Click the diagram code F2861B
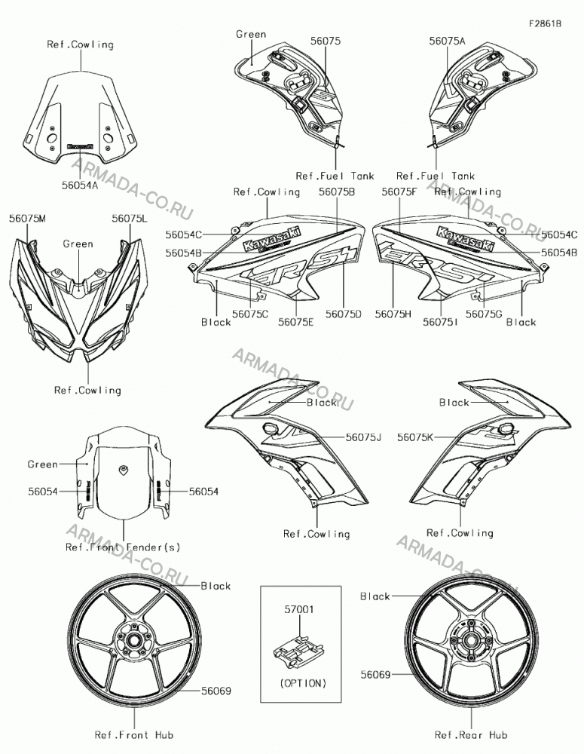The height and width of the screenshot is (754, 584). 545,23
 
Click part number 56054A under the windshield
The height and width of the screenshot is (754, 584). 80,185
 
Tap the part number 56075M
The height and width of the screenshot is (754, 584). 27,219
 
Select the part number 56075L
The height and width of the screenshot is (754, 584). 130,219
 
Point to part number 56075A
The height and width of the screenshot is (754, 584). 447,41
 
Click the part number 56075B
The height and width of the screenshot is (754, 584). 337,192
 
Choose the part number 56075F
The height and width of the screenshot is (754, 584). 399,192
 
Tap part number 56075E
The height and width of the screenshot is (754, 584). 295,322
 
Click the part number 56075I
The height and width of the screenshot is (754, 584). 440,322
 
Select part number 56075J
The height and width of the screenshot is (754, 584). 363,437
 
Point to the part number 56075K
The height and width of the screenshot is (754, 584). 415,437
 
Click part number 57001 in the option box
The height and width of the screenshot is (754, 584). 299,609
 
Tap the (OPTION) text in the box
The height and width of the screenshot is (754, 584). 303,683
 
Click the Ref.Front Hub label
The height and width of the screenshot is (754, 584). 134,734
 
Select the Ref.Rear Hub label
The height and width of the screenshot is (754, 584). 470,734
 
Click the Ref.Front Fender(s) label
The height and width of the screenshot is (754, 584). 123,547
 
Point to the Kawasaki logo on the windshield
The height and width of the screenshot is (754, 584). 80,146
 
